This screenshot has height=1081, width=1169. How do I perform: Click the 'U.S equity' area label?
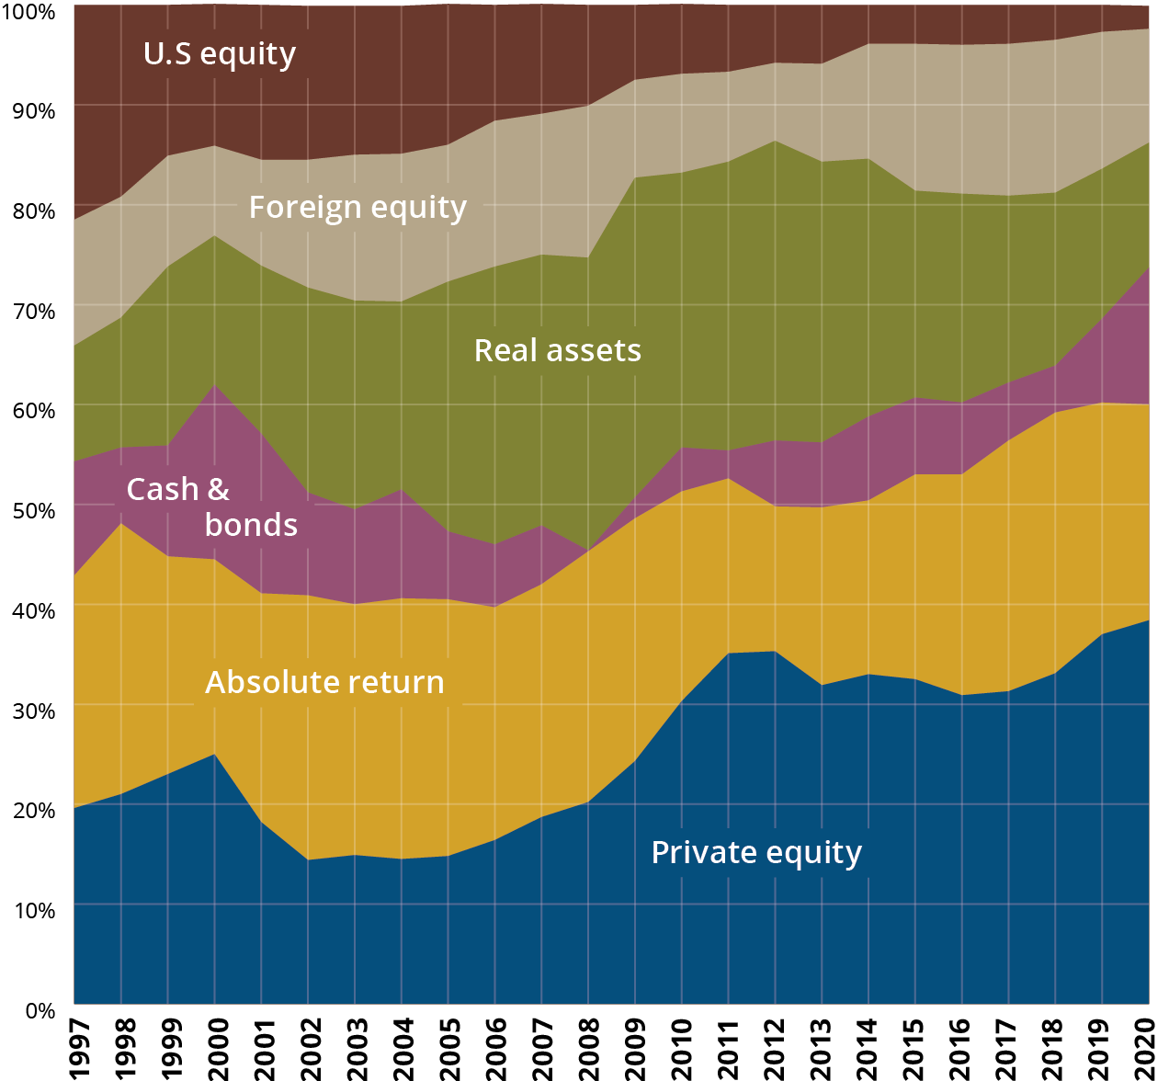[220, 54]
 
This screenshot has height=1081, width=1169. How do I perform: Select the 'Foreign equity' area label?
[358, 208]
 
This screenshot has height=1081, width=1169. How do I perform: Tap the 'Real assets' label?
[557, 351]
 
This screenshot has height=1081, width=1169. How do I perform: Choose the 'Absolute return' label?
[324, 683]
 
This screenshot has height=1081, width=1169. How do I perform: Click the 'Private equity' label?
[756, 853]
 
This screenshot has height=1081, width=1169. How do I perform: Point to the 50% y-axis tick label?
[33, 510]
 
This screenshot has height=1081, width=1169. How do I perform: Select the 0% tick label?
[40, 1010]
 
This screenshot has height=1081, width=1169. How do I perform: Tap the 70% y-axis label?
[33, 311]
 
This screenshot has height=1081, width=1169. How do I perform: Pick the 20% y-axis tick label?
[33, 810]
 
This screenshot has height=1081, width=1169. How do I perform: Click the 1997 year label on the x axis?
[77, 1048]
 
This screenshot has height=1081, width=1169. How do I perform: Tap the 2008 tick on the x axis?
[589, 1048]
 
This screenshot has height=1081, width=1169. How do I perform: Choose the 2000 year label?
[217, 1048]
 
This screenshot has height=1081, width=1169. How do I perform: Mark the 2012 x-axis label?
[776, 1048]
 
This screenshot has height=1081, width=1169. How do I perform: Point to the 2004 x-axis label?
[403, 1048]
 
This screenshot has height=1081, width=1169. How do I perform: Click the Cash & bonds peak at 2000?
[215, 384]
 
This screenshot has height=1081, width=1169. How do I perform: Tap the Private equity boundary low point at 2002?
[308, 859]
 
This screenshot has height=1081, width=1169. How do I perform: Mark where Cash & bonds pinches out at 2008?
[588, 550]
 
